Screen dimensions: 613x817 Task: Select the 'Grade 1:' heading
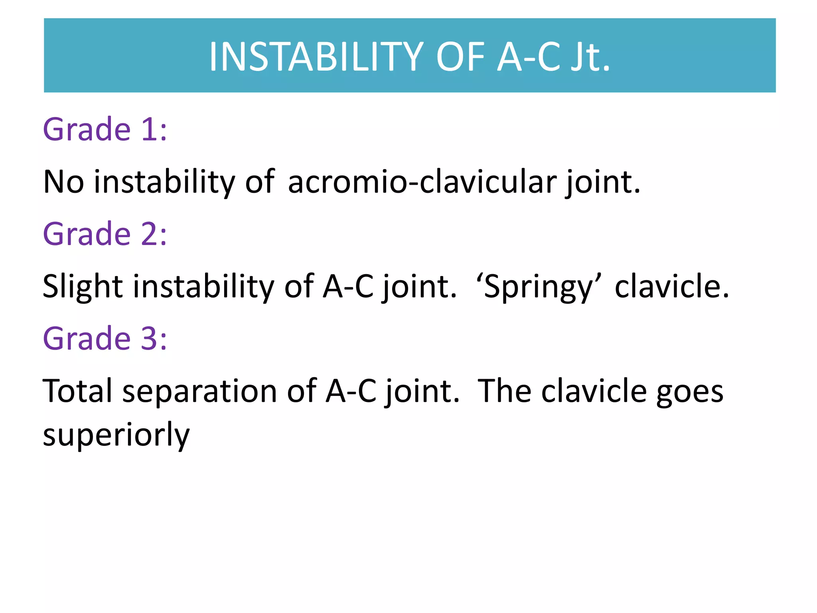(105, 129)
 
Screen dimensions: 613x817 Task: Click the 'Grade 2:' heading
(105, 234)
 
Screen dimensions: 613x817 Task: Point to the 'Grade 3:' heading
(105, 338)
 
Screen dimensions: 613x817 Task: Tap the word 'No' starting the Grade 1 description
(63, 182)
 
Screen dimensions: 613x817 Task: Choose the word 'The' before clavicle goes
(504, 391)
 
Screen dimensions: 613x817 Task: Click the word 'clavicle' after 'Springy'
(672, 287)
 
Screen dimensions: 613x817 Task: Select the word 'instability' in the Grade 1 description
(164, 182)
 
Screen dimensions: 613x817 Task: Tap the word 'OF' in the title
(461, 57)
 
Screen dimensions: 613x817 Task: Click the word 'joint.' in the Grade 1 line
(602, 182)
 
